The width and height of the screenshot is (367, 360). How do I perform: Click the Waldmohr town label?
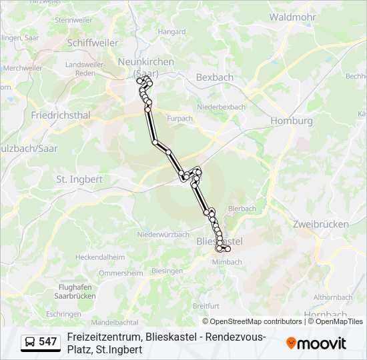292,17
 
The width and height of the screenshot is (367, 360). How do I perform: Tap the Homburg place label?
292,121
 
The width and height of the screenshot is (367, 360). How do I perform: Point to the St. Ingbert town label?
79,179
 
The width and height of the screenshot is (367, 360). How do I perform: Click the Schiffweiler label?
93,42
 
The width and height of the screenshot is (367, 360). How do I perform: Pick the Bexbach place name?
215,77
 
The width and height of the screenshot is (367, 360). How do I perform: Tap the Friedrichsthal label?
61,115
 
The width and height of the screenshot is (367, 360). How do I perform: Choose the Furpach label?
180,119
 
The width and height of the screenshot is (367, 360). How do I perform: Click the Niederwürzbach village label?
163,235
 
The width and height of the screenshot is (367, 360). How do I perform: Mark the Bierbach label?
242,209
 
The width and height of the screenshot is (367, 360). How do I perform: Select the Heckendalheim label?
100,257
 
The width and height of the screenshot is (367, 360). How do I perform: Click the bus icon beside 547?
30,342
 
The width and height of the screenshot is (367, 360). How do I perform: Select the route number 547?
48,342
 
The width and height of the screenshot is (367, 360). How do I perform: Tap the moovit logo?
316,343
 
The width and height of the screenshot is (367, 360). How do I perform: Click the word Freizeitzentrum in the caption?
103,337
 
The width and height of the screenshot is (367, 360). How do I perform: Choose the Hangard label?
172,31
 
